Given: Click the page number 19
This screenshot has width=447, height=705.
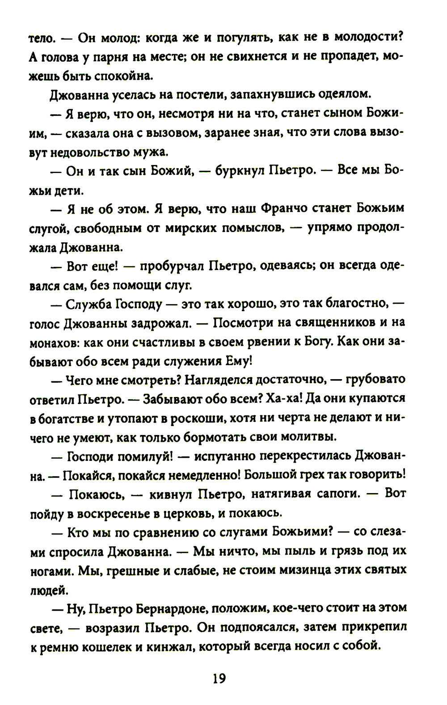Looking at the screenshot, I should (219, 679).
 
